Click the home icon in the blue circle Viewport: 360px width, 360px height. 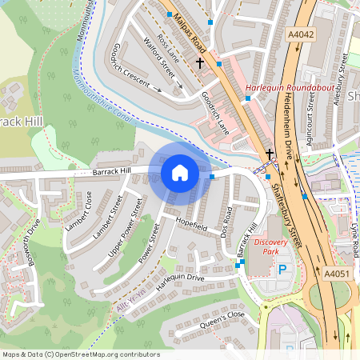pos(180,172)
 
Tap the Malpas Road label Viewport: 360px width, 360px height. pos(190,32)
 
